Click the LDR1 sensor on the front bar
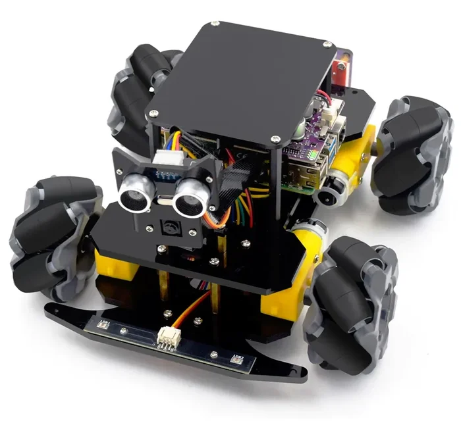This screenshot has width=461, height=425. [103, 323]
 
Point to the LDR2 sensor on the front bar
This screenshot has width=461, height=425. [238, 359]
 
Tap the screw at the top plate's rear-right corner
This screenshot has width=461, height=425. [327, 45]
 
